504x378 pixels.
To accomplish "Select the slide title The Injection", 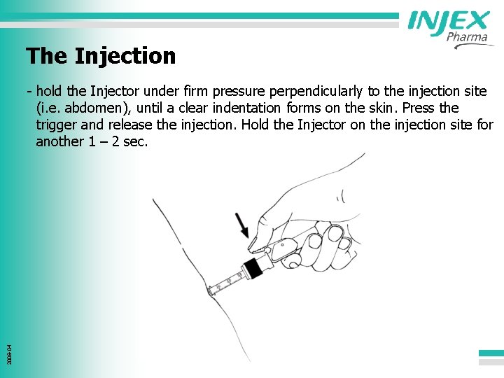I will tap(101, 55).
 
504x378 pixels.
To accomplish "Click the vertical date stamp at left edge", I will tap(8, 343).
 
